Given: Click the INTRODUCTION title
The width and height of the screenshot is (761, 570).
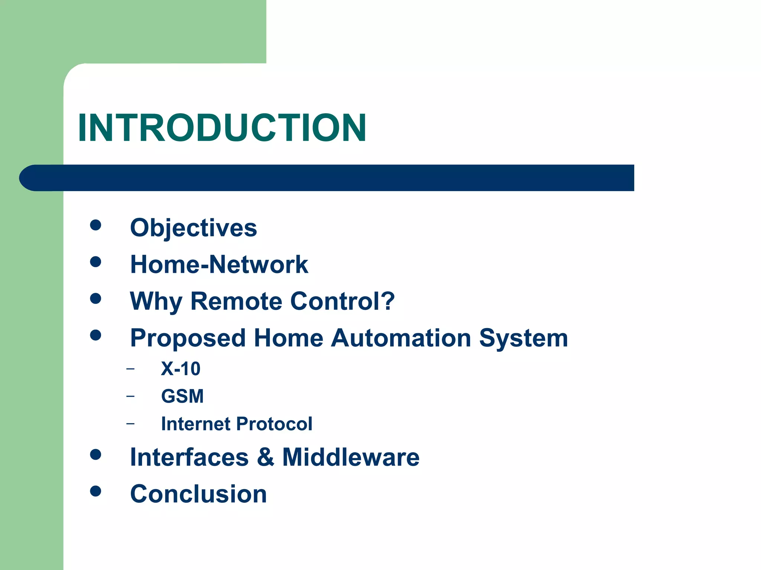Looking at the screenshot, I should click(222, 128).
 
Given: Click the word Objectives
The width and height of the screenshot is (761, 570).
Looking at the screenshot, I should click(193, 227).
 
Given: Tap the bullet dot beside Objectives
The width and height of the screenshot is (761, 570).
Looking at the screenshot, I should click(95, 225).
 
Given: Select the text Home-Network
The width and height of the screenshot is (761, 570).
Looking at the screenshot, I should click(219, 265).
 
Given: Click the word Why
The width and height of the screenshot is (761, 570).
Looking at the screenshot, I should click(156, 301).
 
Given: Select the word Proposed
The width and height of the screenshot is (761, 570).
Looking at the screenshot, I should click(188, 338).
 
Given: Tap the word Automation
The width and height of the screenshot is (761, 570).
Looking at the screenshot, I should click(401, 338).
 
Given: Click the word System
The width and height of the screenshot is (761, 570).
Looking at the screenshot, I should click(523, 338).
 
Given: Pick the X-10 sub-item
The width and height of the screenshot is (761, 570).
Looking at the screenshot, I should click(181, 369).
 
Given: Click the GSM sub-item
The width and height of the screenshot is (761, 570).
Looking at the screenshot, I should click(182, 396).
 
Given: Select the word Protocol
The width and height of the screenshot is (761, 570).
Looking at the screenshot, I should click(274, 424).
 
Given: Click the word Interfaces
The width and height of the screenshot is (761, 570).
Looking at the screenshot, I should click(189, 457).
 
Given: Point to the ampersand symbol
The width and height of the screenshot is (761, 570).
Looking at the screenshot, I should click(265, 457).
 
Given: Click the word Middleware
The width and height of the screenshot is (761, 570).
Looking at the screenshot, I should click(350, 457).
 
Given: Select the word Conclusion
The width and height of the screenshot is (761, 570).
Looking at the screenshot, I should click(198, 494).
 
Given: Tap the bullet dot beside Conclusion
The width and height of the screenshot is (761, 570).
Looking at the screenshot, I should click(95, 491).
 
